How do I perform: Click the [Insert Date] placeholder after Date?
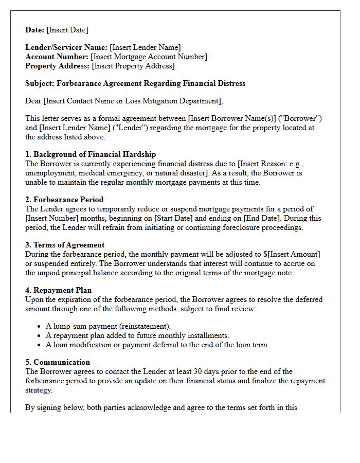pyautogui.click(x=67, y=30)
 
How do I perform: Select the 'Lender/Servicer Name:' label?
pyautogui.click(x=66, y=47)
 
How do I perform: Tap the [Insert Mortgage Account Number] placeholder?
pyautogui.click(x=149, y=57)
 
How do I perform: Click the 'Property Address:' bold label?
pyautogui.click(x=58, y=66)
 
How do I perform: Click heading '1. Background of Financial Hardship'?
pyautogui.click(x=91, y=154)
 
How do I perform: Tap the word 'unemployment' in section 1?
pyautogui.click(x=49, y=173)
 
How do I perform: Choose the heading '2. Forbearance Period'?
pyautogui.click(x=64, y=200)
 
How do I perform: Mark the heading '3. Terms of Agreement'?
pyautogui.click(x=65, y=245)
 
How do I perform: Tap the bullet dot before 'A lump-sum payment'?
pyautogui.click(x=40, y=327)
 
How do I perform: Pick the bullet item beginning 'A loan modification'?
pyautogui.click(x=157, y=345)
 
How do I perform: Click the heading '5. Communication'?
pyautogui.click(x=58, y=362)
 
